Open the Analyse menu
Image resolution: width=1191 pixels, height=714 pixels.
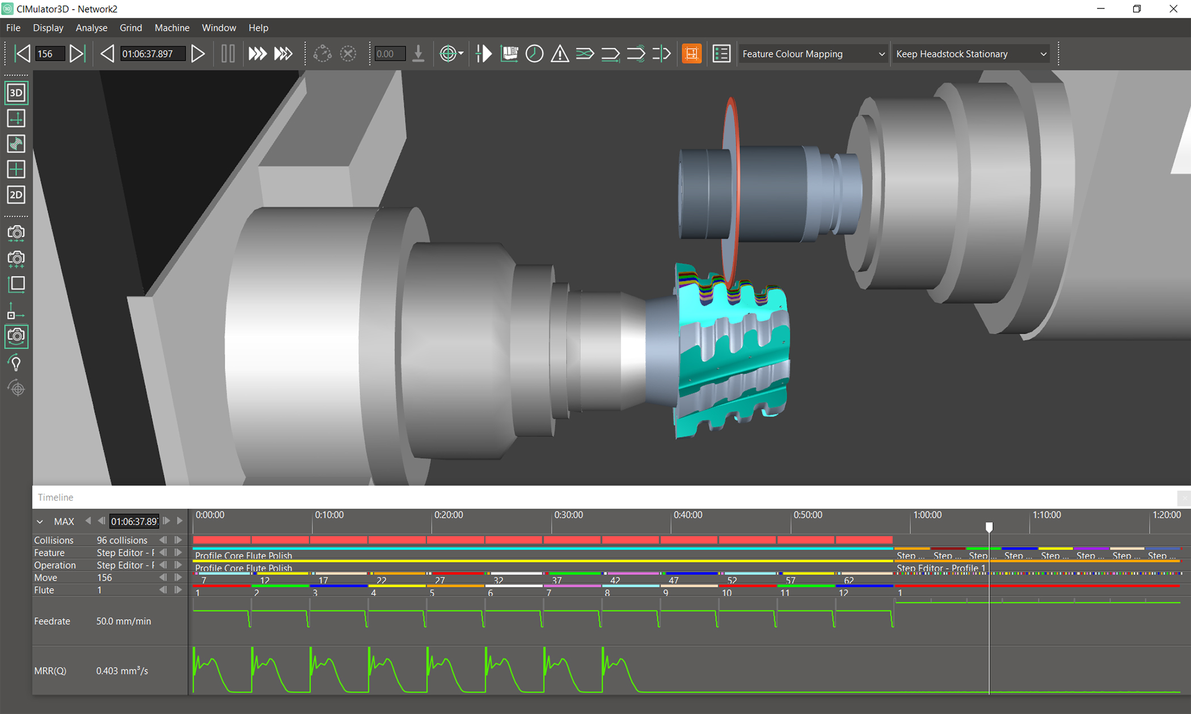click(x=91, y=28)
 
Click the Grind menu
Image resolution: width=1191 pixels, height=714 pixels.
click(x=130, y=28)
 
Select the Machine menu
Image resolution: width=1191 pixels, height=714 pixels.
click(x=172, y=28)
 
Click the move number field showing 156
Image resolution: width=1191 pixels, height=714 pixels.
click(x=49, y=54)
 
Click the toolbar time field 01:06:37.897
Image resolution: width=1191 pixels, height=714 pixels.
click(x=152, y=54)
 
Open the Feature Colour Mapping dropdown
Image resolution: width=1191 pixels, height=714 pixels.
click(x=813, y=54)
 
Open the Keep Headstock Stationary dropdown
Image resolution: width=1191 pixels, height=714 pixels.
click(x=970, y=54)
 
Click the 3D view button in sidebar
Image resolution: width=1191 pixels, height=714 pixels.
click(x=16, y=93)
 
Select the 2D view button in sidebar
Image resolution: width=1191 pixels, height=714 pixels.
click(x=16, y=195)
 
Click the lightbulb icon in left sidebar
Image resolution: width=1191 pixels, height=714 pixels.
click(x=16, y=363)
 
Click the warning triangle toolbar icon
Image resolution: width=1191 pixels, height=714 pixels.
click(x=560, y=54)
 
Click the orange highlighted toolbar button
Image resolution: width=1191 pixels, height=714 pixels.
click(x=691, y=54)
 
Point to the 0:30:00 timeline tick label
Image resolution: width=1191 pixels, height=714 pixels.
click(x=568, y=515)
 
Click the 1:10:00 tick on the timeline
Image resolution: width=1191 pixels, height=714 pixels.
click(x=1046, y=515)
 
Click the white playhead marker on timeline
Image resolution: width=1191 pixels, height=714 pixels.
click(x=989, y=527)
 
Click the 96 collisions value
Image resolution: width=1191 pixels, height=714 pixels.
click(x=122, y=540)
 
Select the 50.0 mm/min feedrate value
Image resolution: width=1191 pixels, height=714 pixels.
click(x=124, y=621)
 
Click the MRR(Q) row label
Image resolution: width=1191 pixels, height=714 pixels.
click(x=50, y=671)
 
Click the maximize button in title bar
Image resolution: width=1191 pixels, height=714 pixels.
click(x=1137, y=9)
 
